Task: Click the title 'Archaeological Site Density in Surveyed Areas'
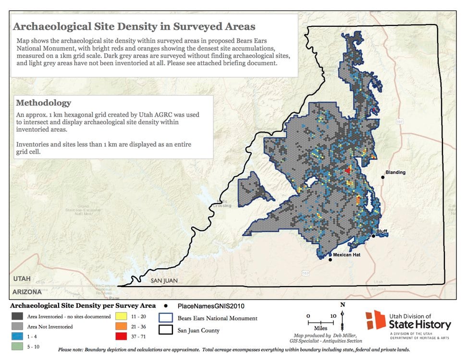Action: point(134,26)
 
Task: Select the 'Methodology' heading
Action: point(44,103)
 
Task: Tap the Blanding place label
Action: point(396,172)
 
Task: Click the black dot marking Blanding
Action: point(383,178)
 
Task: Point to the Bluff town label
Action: point(382,231)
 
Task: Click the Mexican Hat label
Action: point(346,255)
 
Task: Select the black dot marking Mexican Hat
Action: point(330,260)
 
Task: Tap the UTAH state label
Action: point(21,279)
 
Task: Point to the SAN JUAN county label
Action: point(164,280)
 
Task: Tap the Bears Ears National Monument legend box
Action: point(166,318)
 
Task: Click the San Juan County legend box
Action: point(166,330)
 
